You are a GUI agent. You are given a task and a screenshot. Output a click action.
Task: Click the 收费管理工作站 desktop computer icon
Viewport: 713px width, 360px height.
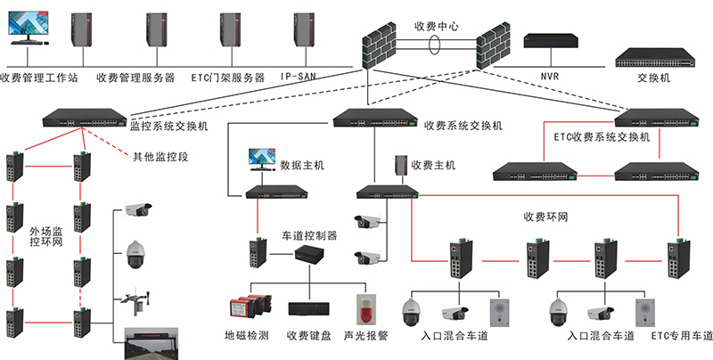click(x=29, y=29)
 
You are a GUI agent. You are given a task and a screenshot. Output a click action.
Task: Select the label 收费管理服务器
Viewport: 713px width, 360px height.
click(x=135, y=78)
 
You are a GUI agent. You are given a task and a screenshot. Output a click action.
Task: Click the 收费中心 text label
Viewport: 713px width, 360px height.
click(x=438, y=28)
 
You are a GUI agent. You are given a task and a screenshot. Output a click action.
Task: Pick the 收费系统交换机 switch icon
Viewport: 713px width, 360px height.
click(x=375, y=117)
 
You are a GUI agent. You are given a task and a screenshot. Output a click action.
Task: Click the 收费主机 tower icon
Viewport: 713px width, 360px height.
click(x=399, y=166)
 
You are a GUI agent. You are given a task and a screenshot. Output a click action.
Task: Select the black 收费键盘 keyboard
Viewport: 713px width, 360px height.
click(x=309, y=308)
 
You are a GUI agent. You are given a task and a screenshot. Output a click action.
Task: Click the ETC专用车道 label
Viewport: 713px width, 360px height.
click(x=681, y=337)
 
